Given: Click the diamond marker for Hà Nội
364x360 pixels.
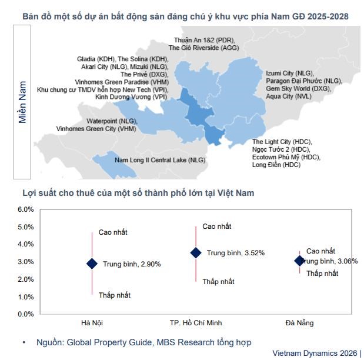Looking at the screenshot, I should [92, 264].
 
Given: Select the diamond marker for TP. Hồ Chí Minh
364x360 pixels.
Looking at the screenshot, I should [196, 252].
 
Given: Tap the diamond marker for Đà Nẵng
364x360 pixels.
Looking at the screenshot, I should [300, 261].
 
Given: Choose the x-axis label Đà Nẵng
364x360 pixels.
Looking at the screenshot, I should [300, 323].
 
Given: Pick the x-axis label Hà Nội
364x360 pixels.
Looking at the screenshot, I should [92, 323].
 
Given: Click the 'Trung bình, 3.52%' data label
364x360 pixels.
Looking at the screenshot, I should [235, 253].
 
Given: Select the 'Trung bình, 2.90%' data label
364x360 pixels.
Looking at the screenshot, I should [132, 264].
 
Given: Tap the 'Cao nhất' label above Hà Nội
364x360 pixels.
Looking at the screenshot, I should [113, 232].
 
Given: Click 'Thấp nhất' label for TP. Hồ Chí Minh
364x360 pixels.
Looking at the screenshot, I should [218, 282].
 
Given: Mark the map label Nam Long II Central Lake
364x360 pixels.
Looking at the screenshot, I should [159, 159].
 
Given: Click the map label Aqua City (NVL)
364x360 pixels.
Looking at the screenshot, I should [289, 96].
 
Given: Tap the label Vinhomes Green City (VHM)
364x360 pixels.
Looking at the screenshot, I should [96, 128].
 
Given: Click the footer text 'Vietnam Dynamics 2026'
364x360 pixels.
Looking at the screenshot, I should [315, 354].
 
